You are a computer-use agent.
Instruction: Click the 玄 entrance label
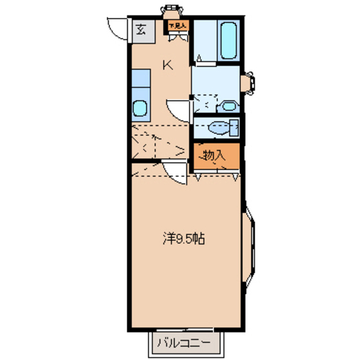point(140,28)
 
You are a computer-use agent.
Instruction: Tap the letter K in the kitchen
point(168,64)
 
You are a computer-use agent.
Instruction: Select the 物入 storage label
point(214,155)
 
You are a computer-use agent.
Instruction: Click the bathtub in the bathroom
point(230,39)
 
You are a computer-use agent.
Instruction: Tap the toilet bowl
point(221,127)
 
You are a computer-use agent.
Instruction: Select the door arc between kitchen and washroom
point(179,109)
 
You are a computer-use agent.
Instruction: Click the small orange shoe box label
point(177,26)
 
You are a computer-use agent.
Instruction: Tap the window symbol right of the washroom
point(249,83)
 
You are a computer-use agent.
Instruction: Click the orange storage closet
point(217,156)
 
